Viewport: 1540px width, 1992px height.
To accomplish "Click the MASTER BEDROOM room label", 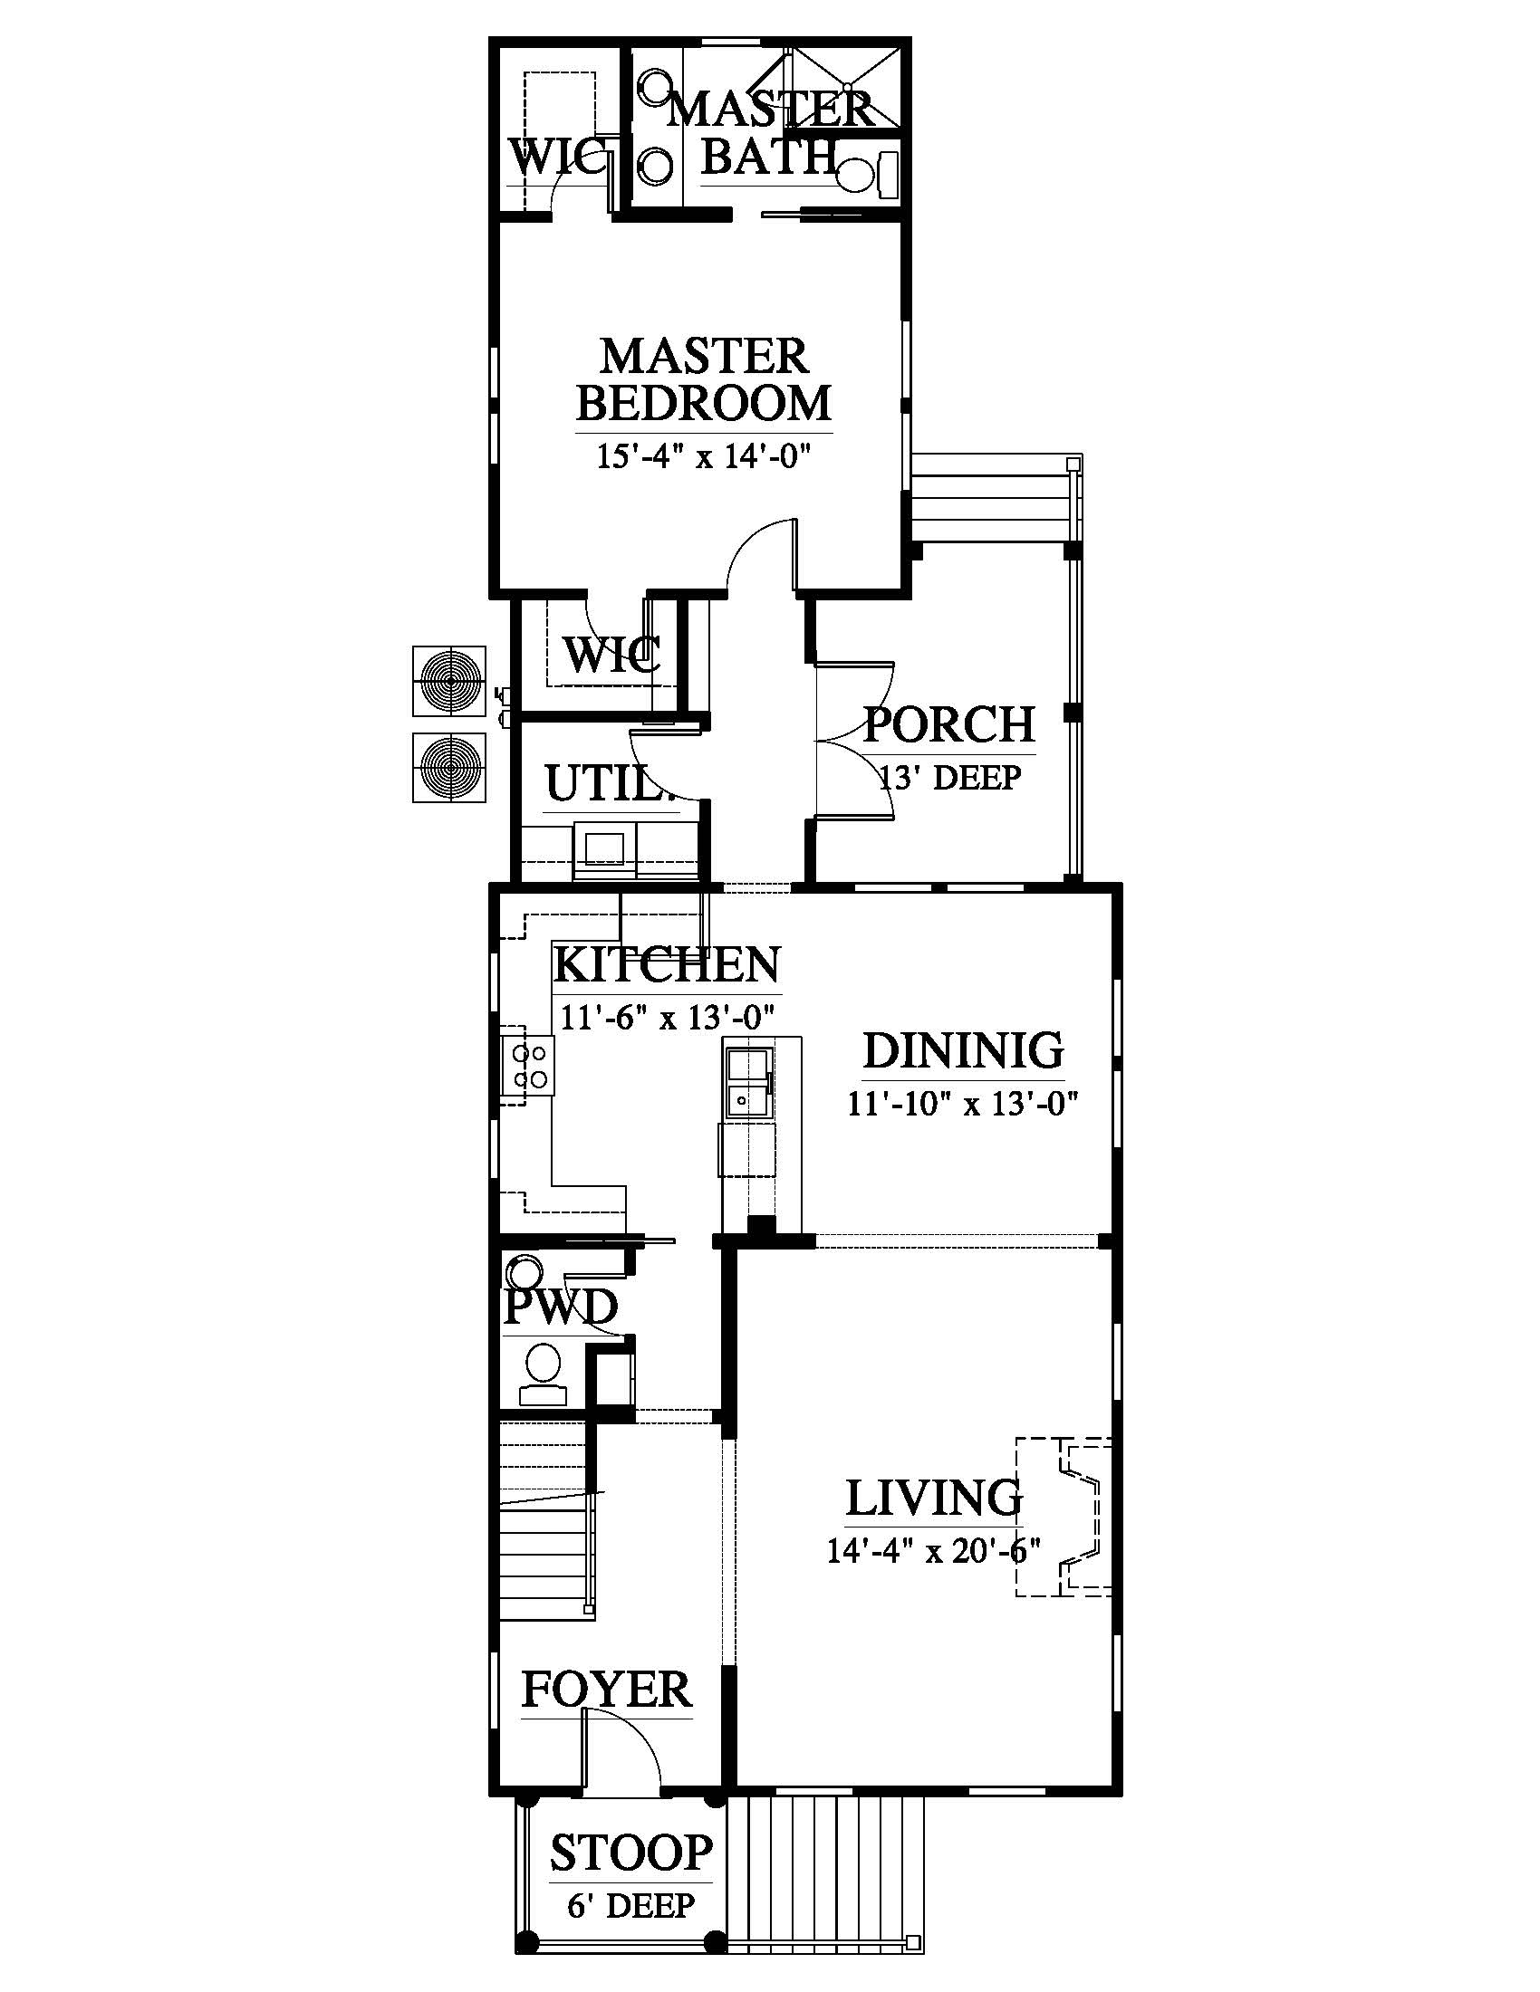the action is click(x=703, y=379).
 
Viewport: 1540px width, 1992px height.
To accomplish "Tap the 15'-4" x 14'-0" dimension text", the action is click(x=703, y=456).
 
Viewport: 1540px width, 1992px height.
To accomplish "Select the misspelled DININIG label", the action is click(x=964, y=1050).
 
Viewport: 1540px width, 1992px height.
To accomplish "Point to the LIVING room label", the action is click(x=933, y=1499).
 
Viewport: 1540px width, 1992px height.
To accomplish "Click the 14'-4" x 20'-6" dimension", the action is click(x=933, y=1550).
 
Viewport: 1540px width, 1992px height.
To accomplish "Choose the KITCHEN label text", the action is click(x=667, y=965).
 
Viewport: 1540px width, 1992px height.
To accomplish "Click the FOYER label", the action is click(x=607, y=1690).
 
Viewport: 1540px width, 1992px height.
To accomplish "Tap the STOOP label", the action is click(x=630, y=1853).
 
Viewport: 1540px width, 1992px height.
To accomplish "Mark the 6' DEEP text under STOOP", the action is click(x=630, y=1905).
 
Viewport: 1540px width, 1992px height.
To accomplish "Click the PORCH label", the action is click(x=948, y=725).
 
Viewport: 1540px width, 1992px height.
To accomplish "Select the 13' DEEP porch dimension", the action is click(x=948, y=778).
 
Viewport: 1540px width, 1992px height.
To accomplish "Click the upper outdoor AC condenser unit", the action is click(x=448, y=681).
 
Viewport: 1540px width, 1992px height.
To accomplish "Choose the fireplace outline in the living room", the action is click(x=1064, y=1516).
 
